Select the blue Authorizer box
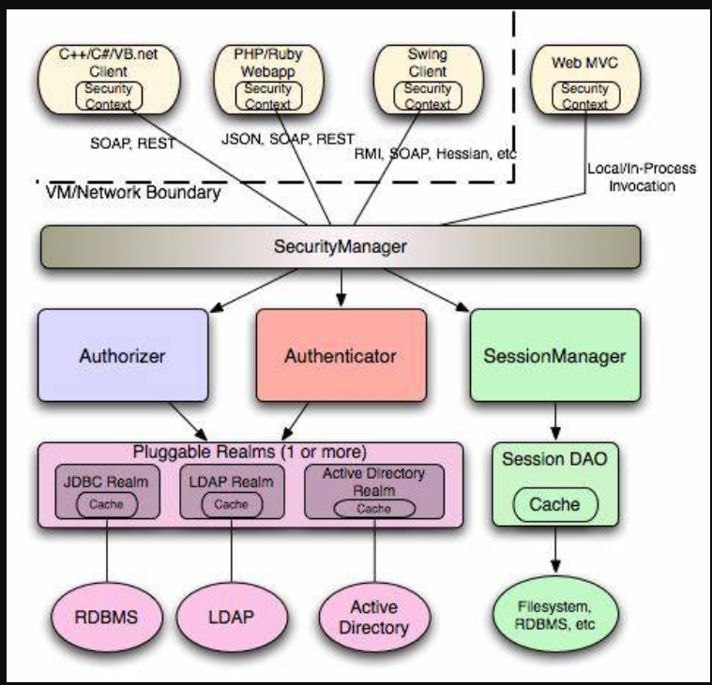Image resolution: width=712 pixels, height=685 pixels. point(122,355)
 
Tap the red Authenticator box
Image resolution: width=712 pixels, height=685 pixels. point(341,355)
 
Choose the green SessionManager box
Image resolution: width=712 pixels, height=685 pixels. point(554,355)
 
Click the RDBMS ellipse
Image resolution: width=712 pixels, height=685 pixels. point(107,618)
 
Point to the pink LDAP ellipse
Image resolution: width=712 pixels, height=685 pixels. point(232,619)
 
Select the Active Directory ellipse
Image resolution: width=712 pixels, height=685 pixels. point(373,619)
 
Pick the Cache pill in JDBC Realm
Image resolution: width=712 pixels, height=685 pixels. point(107,503)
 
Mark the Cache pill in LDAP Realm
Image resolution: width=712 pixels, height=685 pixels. point(231,503)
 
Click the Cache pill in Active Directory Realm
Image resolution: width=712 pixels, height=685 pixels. point(373,508)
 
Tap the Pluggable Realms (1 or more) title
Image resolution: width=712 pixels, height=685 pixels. point(250,450)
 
